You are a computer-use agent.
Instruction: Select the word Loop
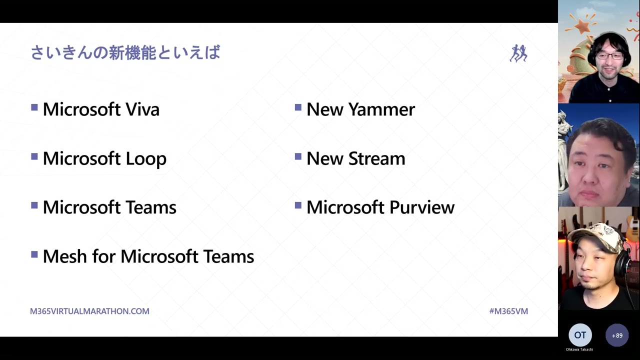145,158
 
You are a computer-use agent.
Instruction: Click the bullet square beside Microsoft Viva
34,107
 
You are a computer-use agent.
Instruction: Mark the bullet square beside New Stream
298,156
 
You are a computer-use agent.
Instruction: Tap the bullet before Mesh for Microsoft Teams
34,254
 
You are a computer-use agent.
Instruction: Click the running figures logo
518,53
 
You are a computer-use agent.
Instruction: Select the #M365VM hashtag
508,311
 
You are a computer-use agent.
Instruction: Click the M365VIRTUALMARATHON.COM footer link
89,311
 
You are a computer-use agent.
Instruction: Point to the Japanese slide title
125,52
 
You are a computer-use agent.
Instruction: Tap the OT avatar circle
580,335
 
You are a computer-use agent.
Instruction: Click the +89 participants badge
617,335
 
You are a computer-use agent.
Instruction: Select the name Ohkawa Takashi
579,349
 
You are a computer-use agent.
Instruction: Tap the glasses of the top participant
609,55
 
